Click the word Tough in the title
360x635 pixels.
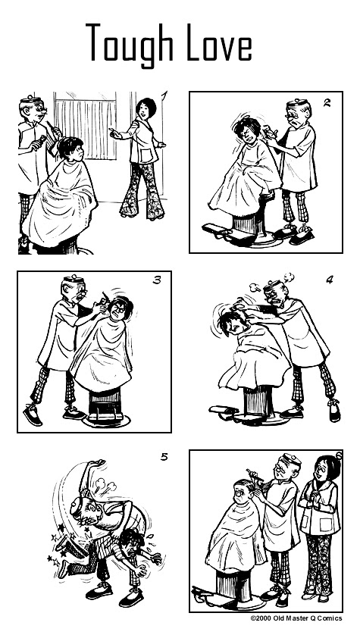tap(130, 44)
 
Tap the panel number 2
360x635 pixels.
tap(327, 102)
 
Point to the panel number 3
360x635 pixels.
tap(157, 280)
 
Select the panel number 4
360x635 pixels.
tap(330, 280)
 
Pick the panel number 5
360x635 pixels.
tap(164, 457)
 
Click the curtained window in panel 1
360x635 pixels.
tap(86, 126)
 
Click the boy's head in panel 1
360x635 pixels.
tap(71, 149)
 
